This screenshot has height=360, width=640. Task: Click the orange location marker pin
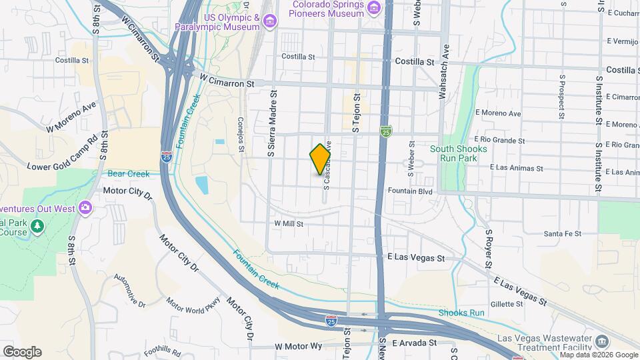(x=320, y=159)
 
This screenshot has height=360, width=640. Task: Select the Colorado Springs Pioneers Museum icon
(x=373, y=8)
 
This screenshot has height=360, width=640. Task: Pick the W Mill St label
(x=289, y=224)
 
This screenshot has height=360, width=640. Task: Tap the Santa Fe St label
(x=563, y=233)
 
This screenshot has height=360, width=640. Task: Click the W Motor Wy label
(x=298, y=347)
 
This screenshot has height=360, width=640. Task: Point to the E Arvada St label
(x=414, y=343)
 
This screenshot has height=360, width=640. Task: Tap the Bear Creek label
(x=129, y=174)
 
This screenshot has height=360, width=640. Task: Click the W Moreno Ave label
(x=72, y=117)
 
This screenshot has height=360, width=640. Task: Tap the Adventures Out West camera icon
(x=85, y=207)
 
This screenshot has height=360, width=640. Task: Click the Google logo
(x=21, y=352)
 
